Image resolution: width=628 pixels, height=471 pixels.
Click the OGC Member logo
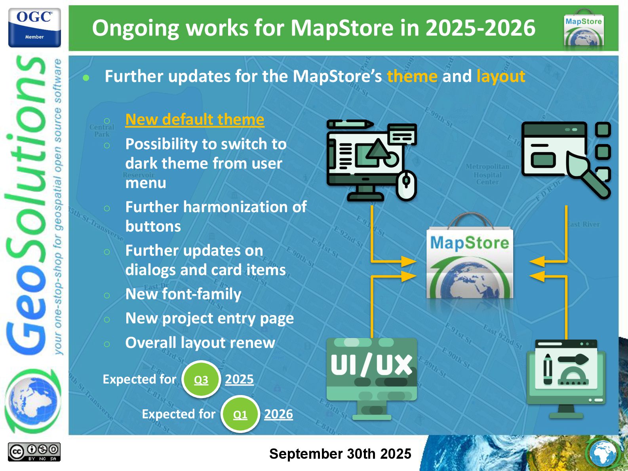(x=34, y=28)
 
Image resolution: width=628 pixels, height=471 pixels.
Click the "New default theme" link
(x=194, y=119)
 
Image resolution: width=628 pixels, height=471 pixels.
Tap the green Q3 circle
(x=201, y=380)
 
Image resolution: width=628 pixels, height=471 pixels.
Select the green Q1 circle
(x=240, y=414)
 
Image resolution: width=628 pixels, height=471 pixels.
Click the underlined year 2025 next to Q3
(x=239, y=379)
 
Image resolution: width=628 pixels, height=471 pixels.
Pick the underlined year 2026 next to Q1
(x=278, y=414)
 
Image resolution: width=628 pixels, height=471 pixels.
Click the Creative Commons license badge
(x=34, y=452)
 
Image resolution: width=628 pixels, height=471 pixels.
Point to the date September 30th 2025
(x=340, y=454)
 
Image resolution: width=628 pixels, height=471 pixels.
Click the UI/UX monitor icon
(x=371, y=378)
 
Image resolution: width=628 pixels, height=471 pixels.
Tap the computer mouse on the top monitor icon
(x=407, y=185)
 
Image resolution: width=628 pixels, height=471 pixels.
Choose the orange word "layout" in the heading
(x=500, y=76)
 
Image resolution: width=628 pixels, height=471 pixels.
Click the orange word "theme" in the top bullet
(x=412, y=76)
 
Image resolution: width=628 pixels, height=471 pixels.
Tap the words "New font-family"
(x=183, y=294)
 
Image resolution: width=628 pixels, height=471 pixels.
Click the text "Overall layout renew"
(x=200, y=343)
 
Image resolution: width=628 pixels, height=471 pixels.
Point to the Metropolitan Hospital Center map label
(x=487, y=174)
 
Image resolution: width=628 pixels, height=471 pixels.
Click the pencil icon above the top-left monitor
(x=350, y=124)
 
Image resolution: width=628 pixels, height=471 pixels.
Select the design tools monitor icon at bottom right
(x=566, y=378)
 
